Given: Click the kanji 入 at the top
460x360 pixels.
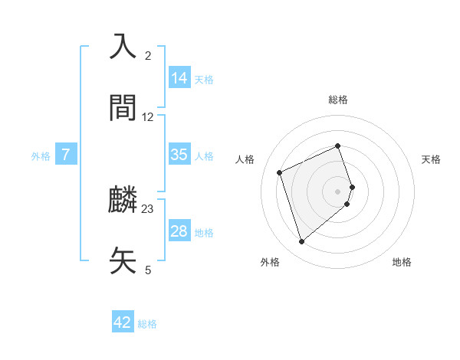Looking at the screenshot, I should point(123,47).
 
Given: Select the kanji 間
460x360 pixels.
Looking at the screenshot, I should point(123,108).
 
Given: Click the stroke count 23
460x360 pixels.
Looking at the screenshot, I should point(148,208).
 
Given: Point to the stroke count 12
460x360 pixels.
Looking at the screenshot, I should point(148,116).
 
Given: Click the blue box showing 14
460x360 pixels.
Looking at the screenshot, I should point(179,78).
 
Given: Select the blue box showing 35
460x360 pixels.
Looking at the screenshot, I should point(179,155).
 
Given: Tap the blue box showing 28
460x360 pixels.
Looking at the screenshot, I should point(179,231).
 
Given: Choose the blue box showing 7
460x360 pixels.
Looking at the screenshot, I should point(66,155).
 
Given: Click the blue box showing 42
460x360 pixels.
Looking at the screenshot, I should point(123,322).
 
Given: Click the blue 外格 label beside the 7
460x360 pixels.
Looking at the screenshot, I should point(41,155).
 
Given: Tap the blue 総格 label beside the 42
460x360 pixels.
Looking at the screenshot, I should point(147,323).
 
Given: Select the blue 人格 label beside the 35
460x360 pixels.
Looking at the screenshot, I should point(204,155).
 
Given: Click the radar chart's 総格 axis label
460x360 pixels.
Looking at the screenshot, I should point(338,100).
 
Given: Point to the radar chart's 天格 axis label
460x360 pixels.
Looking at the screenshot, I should point(431,159).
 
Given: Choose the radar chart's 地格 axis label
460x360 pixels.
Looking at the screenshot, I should point(402,262).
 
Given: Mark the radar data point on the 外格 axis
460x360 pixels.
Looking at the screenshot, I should point(301,242).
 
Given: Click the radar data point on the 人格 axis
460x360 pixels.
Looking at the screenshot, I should point(281,172).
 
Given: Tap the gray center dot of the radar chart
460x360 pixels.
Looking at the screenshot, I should point(338,190).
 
